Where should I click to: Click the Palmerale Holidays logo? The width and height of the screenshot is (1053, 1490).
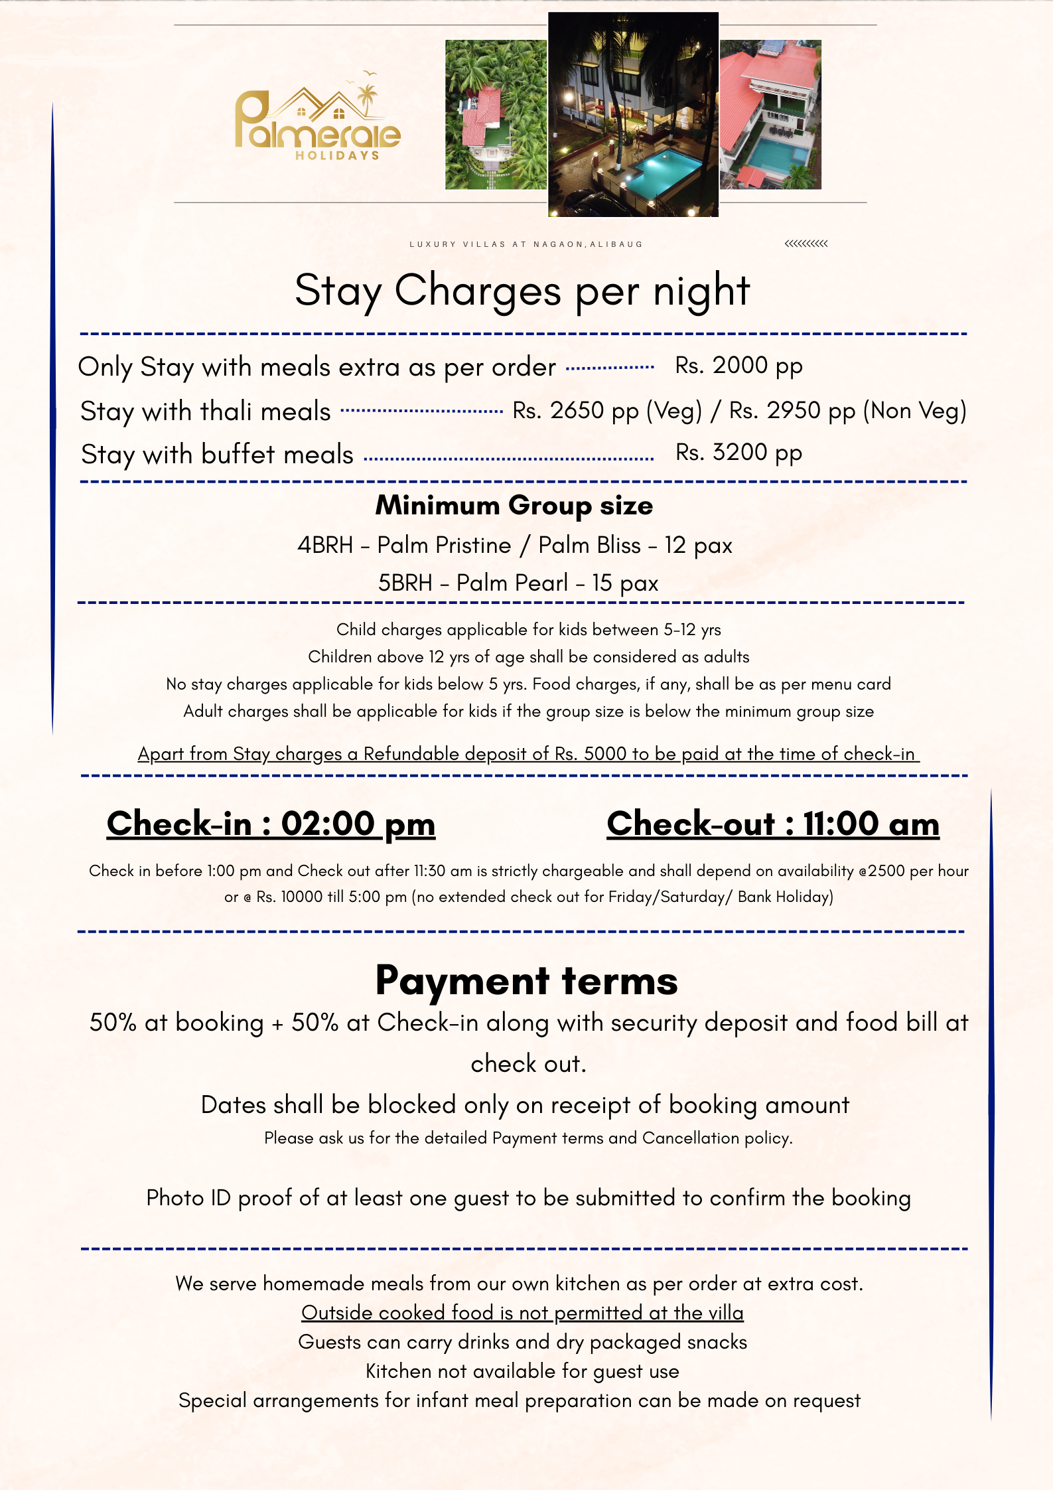[x=318, y=119]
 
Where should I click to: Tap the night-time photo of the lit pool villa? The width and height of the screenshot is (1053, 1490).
[x=633, y=114]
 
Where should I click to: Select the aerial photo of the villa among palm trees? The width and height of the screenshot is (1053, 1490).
[x=496, y=114]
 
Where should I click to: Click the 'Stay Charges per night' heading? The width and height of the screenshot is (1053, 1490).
[x=522, y=291]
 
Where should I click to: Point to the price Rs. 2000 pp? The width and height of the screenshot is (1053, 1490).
[x=738, y=366]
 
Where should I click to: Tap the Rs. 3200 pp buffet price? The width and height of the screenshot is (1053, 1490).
[x=738, y=453]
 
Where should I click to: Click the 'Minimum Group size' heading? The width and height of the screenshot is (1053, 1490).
[x=514, y=506]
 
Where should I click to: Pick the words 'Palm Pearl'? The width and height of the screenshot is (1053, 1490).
[x=512, y=583]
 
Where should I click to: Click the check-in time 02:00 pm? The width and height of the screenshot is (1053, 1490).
[x=358, y=824]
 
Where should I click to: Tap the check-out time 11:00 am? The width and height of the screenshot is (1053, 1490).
[x=871, y=824]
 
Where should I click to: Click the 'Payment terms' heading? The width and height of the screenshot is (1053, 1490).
[x=526, y=980]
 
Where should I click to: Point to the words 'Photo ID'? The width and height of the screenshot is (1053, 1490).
[x=188, y=1198]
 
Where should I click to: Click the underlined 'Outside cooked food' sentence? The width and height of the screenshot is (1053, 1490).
[x=522, y=1313]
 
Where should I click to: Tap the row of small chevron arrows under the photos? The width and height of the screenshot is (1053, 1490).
[x=806, y=244]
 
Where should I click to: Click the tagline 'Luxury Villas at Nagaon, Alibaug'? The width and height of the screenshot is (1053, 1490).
[x=526, y=244]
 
